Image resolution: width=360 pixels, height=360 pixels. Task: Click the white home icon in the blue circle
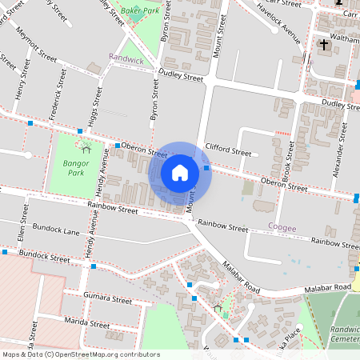point(180,172)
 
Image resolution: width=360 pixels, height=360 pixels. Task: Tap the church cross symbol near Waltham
point(324,43)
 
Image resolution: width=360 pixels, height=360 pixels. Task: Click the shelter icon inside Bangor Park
point(86,147)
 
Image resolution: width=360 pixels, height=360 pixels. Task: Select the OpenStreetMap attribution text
point(81,354)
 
